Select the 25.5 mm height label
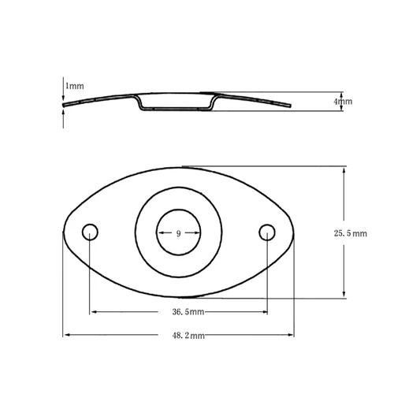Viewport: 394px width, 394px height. coord(351,234)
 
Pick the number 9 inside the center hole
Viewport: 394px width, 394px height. coord(178,234)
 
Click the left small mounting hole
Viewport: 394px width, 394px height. coord(91,232)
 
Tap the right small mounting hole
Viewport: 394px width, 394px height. coord(267,232)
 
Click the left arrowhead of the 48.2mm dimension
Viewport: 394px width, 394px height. coord(66,336)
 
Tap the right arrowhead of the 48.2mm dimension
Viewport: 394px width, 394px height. coord(292,336)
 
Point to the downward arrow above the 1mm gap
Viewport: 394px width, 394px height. coord(63,95)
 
